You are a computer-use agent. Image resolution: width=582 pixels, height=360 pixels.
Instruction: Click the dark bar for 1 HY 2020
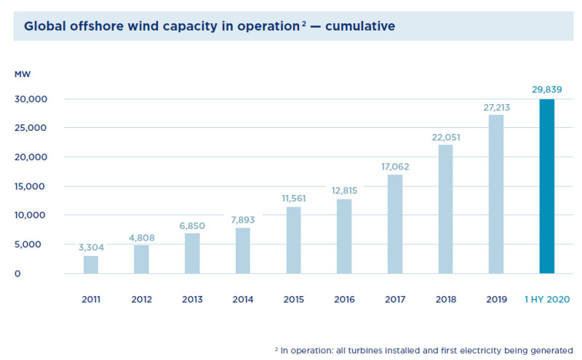[x=546, y=186]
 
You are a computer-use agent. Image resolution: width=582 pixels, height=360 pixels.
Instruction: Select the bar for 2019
[x=496, y=194]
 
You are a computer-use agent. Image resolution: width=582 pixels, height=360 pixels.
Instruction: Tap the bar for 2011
[x=91, y=265]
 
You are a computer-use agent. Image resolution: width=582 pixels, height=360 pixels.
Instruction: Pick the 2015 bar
[x=294, y=240]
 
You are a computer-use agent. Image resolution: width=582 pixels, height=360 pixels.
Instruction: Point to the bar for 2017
[x=395, y=224]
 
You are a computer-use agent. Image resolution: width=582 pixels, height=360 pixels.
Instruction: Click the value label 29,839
[x=546, y=89]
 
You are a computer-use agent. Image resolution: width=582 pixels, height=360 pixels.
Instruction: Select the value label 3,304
[x=91, y=247]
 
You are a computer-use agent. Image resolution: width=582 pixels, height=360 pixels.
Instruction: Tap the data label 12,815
[x=344, y=190]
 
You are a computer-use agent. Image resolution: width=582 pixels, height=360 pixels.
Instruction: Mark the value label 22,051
[x=445, y=136]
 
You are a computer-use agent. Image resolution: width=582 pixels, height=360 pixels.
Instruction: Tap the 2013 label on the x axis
[x=192, y=300]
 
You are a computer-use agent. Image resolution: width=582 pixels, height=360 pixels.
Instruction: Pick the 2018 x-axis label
[x=445, y=300]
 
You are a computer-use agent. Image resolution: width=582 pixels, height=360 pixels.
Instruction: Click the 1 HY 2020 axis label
[x=546, y=300]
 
